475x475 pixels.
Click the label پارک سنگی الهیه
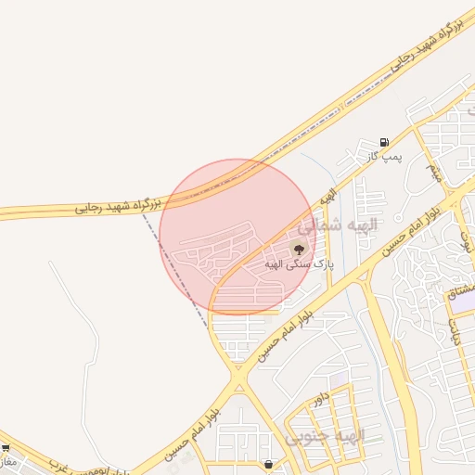tap(298, 263)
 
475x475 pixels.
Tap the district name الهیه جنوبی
tap(326, 435)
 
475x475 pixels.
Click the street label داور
tap(321, 399)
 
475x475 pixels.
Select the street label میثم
tap(433, 171)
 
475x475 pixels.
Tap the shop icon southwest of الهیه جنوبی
tap(268, 464)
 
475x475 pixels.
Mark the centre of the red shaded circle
tap(237, 237)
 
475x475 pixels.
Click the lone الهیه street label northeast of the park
tap(327, 196)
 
